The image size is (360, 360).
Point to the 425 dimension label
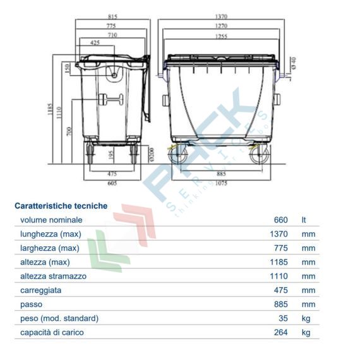pos(96,43)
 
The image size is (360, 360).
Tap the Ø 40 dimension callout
pos(292,63)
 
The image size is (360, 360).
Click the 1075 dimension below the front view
pos(220,183)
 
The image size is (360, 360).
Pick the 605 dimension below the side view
pos(112,183)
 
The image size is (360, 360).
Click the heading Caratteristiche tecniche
pos(61,206)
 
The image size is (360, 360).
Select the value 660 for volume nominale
pos(280,220)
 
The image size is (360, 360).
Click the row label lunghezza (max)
pos(50,234)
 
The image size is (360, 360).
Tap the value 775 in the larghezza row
pos(280,248)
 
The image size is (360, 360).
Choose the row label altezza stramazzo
pos(54,276)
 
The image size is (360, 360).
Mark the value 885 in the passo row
pos(280,304)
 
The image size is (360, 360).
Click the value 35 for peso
pos(284,318)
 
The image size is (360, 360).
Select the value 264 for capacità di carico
pos(280,332)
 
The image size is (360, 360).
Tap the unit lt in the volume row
pos(304,220)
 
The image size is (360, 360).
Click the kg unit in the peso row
pos(306,318)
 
